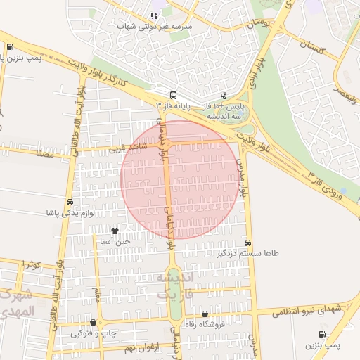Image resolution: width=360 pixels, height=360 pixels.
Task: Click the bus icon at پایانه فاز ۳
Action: [x=172, y=95]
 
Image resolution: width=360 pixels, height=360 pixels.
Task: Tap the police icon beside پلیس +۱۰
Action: [x=224, y=95]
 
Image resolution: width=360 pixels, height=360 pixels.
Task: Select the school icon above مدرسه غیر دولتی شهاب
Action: [x=154, y=15]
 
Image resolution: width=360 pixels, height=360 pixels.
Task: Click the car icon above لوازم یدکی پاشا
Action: [x=70, y=202]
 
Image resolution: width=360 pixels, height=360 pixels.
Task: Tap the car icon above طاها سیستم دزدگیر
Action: [x=247, y=242]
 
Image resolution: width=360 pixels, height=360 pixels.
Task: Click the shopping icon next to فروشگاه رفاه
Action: [x=205, y=314]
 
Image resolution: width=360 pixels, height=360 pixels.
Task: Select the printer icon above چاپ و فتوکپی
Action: [x=93, y=323]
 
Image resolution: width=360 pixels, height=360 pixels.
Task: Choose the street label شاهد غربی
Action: [x=126, y=148]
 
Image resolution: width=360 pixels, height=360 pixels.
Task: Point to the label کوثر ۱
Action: [x=31, y=264]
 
